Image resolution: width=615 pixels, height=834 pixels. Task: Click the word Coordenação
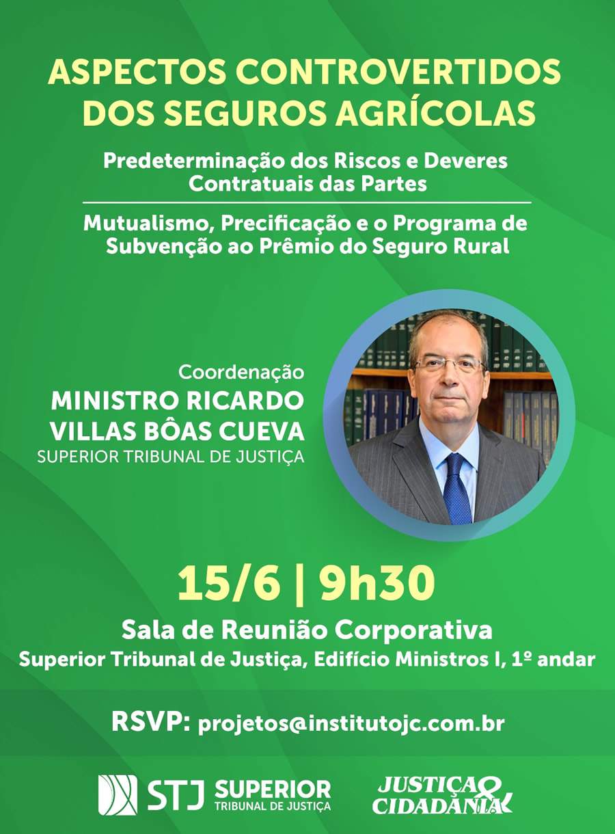coord(241,373)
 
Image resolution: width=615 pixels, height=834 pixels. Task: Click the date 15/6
coord(228,584)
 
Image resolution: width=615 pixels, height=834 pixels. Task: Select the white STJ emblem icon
coord(118,794)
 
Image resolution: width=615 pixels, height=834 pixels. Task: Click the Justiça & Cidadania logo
coord(442,794)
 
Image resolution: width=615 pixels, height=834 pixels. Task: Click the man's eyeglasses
coord(449,364)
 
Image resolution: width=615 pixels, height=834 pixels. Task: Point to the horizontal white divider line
coord(307,203)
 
